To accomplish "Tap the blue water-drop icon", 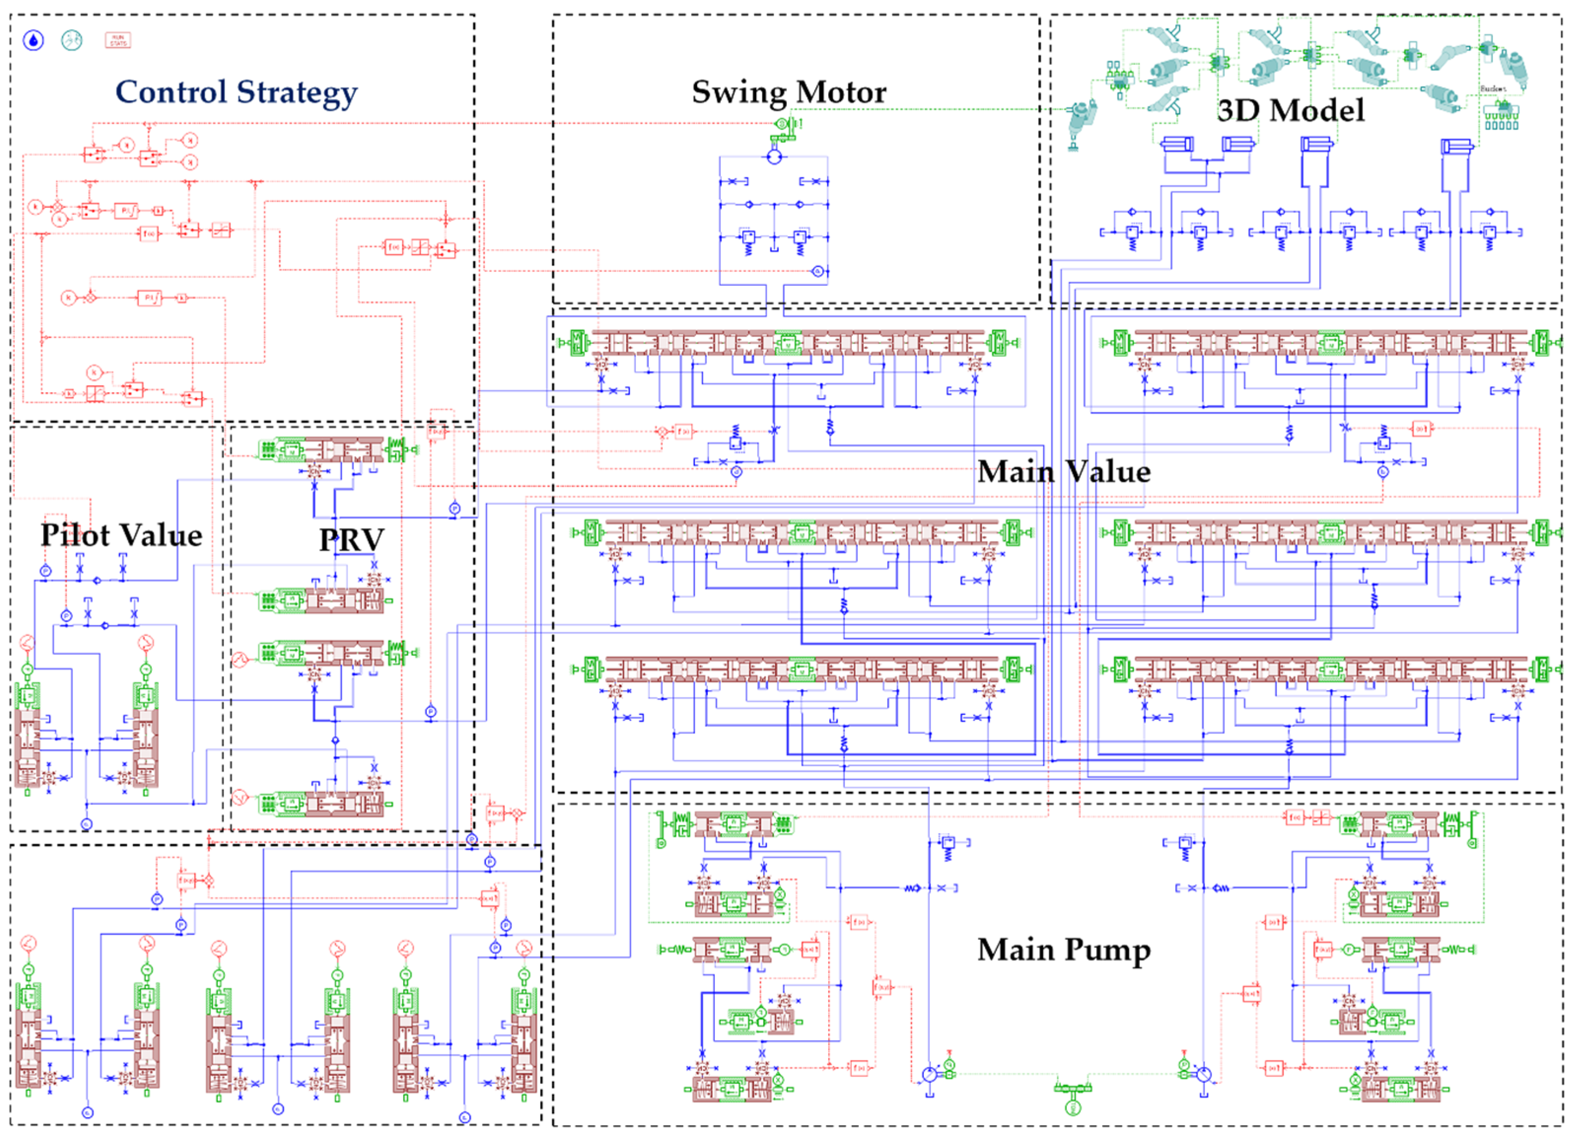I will pos(33,40).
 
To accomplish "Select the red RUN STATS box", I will pos(118,40).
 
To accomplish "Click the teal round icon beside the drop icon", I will pos(71,40).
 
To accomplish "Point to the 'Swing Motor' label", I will pos(789,92).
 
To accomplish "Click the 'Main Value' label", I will pos(1064,472).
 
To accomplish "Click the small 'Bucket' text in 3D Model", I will pos(1493,89).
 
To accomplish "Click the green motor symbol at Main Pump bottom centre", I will pos(1072,1108).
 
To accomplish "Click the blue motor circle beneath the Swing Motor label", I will pos(775,157).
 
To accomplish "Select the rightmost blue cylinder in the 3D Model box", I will pos(1456,146).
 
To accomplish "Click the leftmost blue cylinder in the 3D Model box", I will pos(1177,144).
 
